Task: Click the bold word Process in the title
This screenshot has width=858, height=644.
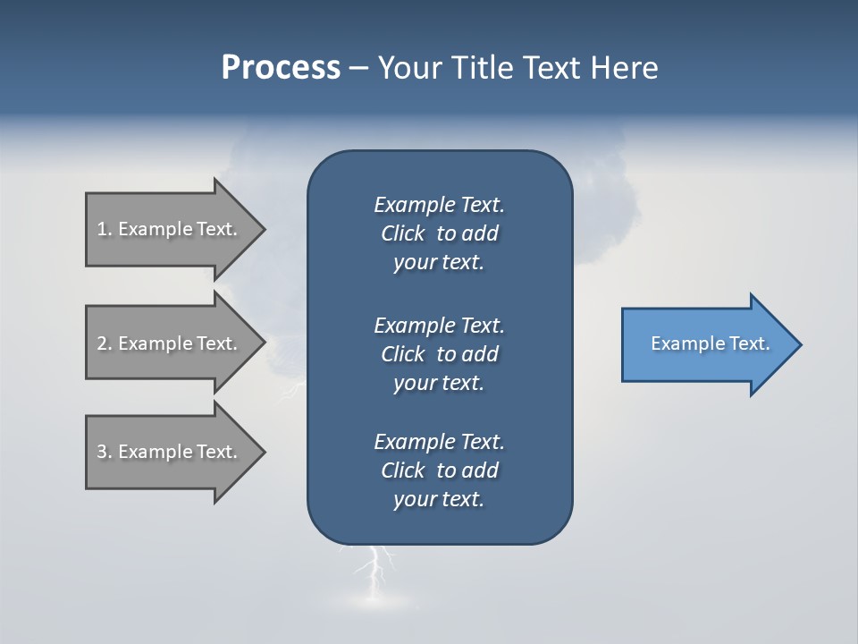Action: pyautogui.click(x=281, y=68)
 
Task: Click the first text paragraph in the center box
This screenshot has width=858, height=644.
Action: pyautogui.click(x=439, y=233)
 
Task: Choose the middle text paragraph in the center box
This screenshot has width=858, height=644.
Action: pyautogui.click(x=439, y=354)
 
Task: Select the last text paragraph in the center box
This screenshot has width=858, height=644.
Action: pyautogui.click(x=439, y=470)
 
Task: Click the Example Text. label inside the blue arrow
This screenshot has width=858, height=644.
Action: pyautogui.click(x=710, y=343)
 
